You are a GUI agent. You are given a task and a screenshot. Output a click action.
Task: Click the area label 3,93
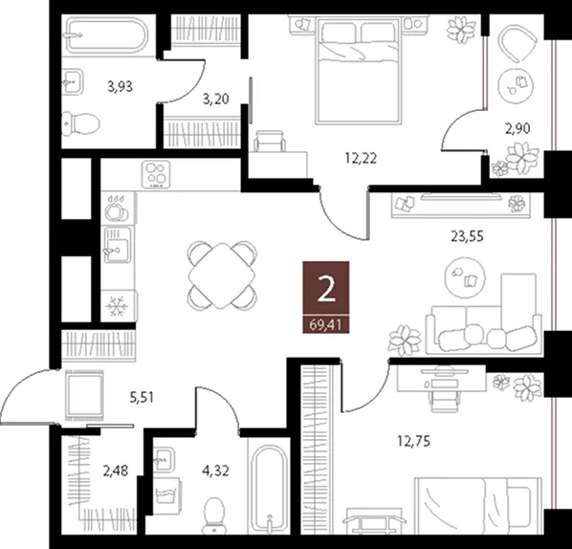click(x=120, y=87)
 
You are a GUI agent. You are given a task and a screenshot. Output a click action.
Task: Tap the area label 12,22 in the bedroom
click(x=361, y=159)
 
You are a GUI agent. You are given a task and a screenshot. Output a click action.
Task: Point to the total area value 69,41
click(x=326, y=324)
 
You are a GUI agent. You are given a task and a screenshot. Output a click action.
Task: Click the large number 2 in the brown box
click(x=326, y=289)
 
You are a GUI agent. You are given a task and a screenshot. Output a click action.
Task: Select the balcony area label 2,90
click(x=517, y=128)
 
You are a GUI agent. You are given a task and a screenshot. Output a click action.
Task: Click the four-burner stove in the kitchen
click(x=156, y=174)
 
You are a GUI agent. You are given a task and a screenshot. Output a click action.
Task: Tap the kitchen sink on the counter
click(x=118, y=244)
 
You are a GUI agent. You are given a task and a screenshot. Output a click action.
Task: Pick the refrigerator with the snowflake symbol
click(x=119, y=306)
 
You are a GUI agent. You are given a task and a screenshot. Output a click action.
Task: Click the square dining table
click(x=222, y=275)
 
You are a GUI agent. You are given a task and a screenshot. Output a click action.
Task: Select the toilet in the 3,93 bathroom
click(x=80, y=123)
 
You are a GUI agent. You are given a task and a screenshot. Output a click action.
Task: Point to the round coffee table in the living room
click(x=465, y=277)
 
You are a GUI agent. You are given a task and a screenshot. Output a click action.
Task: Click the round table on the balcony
click(x=516, y=86)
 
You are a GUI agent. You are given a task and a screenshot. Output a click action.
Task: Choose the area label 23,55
click(x=468, y=236)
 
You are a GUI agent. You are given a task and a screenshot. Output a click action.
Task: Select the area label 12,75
click(x=413, y=441)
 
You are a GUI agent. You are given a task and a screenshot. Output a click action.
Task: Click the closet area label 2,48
click(x=116, y=471)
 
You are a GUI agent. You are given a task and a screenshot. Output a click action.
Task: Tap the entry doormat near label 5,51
click(x=84, y=394)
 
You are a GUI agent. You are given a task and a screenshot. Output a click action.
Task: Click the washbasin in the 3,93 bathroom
click(x=73, y=81)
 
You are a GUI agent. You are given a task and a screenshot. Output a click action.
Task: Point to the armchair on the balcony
click(x=517, y=44)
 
